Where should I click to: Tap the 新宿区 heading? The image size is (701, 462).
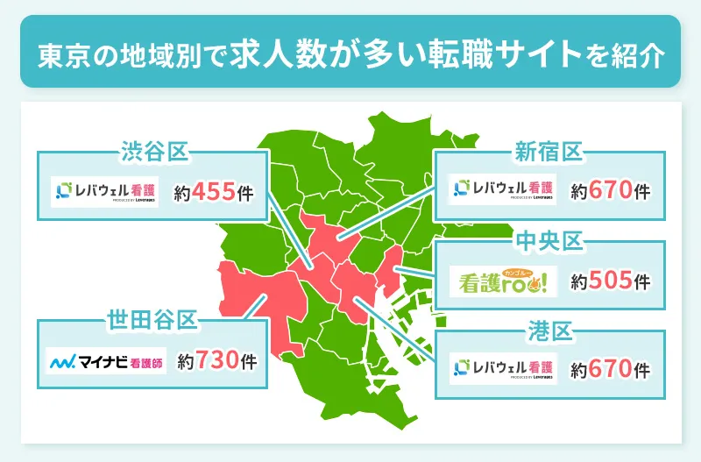(549, 153)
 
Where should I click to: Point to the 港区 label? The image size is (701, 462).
(549, 332)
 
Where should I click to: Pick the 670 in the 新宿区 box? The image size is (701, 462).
(611, 190)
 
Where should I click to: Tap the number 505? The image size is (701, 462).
(611, 281)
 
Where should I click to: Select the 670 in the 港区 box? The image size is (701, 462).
(611, 369)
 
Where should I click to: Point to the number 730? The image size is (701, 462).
(217, 359)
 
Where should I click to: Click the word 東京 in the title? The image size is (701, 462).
(58, 55)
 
